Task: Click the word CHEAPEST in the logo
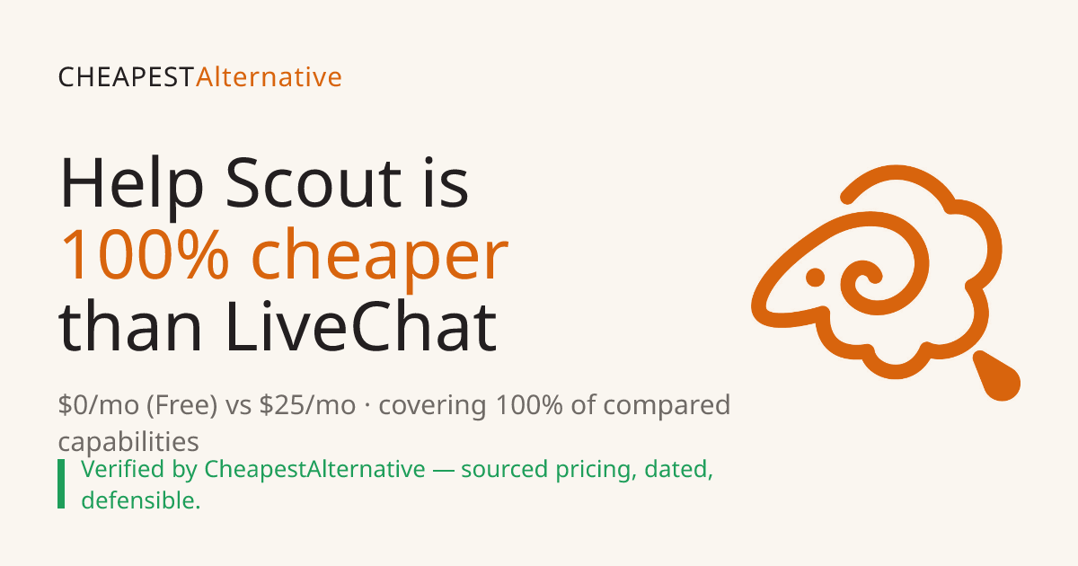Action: point(126,77)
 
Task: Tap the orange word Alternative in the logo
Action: point(269,77)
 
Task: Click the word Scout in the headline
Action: point(314,184)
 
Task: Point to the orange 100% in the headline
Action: point(145,254)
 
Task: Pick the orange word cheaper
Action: point(380,258)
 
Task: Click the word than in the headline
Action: point(129,326)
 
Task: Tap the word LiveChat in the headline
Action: point(361,326)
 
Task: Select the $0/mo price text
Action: point(99,405)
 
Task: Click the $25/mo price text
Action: point(307,405)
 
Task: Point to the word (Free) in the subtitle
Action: point(181,405)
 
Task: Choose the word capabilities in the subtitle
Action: point(128,442)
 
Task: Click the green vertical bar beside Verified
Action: point(61,483)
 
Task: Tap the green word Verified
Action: point(123,469)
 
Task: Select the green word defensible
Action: point(140,500)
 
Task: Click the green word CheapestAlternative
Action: point(314,469)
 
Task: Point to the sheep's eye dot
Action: point(815,278)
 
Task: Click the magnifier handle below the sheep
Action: point(996,376)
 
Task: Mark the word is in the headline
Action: point(446,184)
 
